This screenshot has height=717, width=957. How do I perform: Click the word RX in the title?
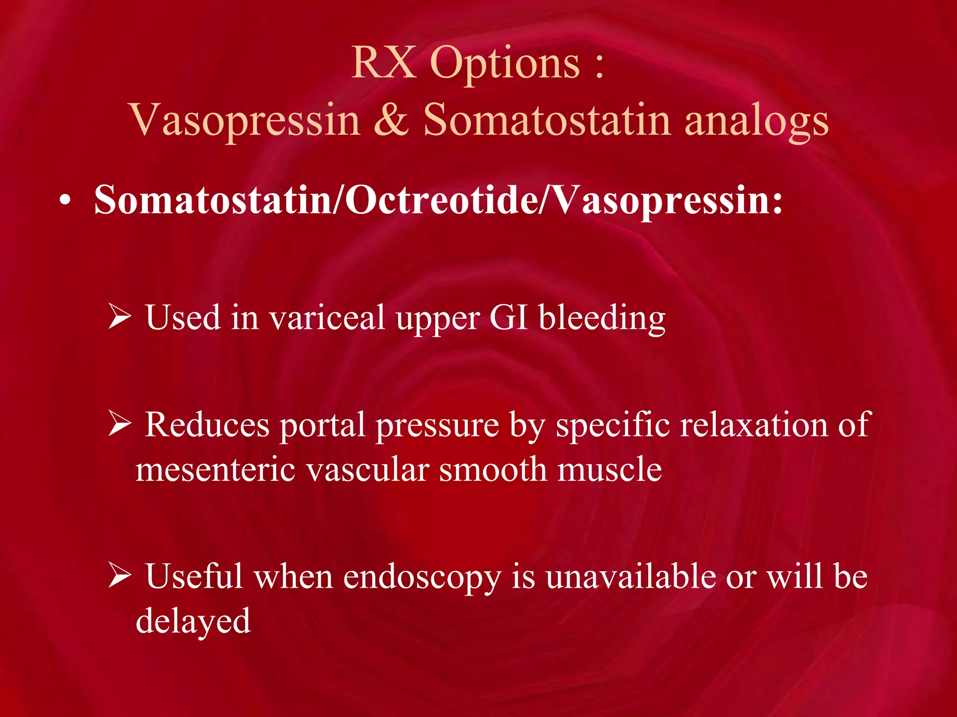pyautogui.click(x=383, y=63)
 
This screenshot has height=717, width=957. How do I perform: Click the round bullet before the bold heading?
pyautogui.click(x=65, y=202)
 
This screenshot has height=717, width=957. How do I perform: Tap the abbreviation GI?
pyautogui.click(x=508, y=317)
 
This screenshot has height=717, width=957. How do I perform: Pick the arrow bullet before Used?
pyautogui.click(x=120, y=316)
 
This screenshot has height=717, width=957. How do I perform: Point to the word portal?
pyautogui.click(x=322, y=426)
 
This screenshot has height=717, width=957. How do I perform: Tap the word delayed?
pyautogui.click(x=193, y=621)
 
